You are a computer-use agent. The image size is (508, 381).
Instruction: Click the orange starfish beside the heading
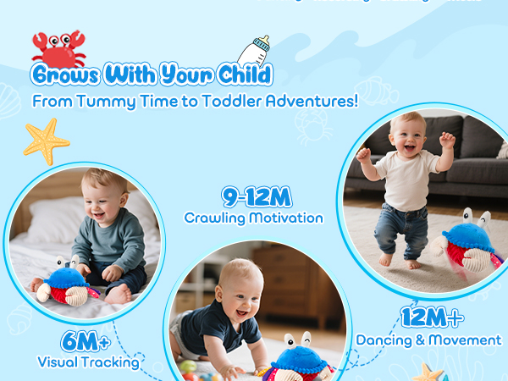pyautogui.click(x=46, y=141)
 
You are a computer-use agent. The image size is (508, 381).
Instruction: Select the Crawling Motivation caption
pyautogui.click(x=253, y=218)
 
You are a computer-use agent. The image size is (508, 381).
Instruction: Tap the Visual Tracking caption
pyautogui.click(x=88, y=362)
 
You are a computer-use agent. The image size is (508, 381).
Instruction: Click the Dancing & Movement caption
pyautogui.click(x=428, y=340)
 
